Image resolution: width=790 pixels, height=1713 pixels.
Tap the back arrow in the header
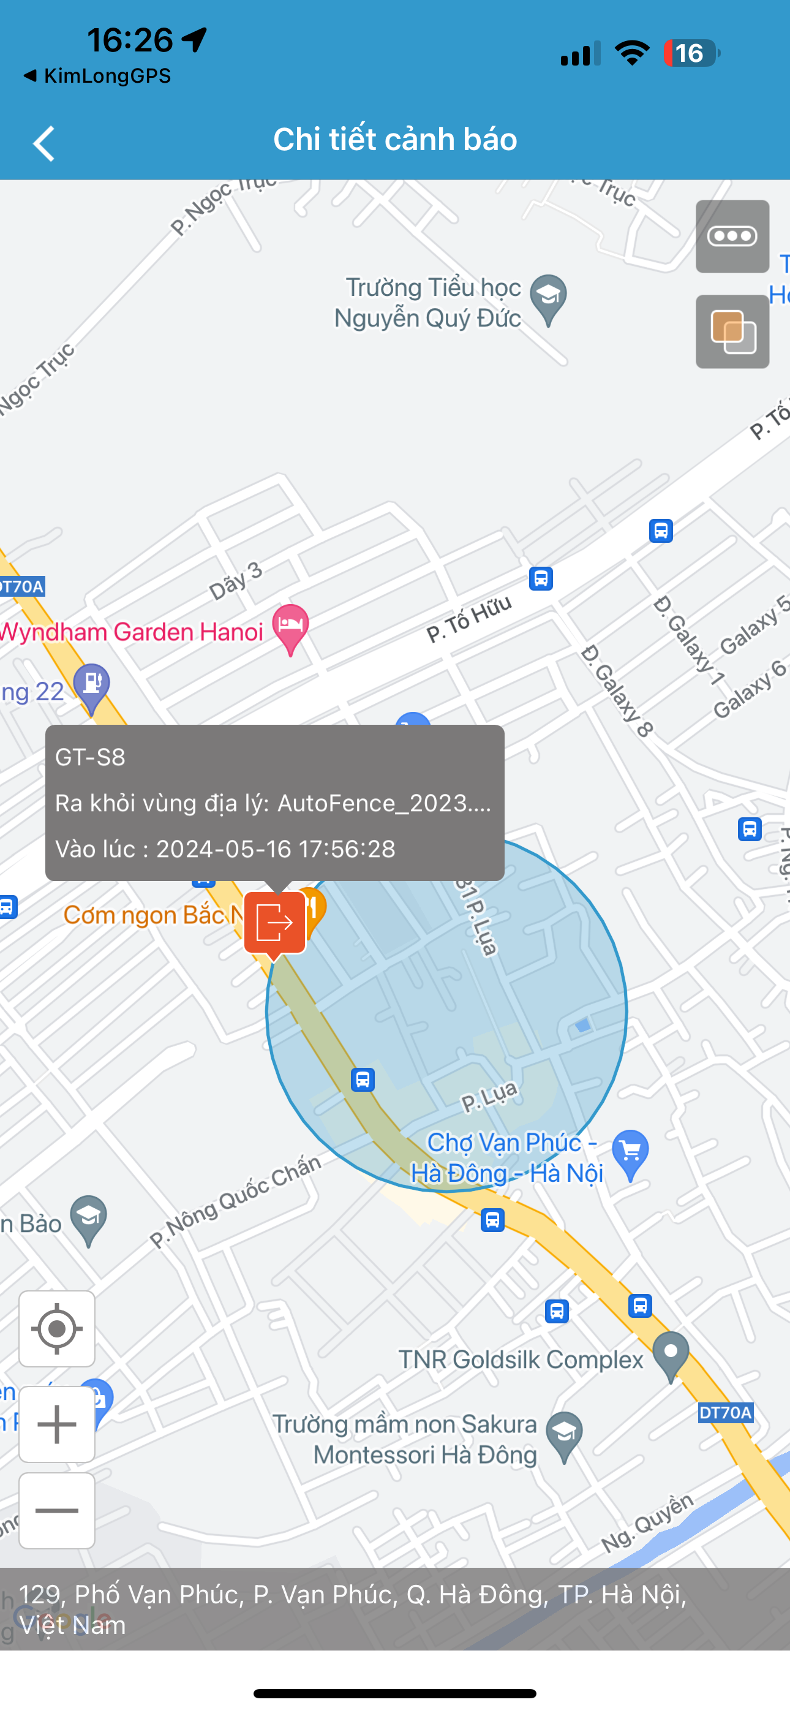(44, 143)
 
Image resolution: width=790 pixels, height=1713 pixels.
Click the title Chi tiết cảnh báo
(395, 140)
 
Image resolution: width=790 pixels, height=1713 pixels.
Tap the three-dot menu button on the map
(732, 236)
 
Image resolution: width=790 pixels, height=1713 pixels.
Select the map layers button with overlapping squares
(732, 332)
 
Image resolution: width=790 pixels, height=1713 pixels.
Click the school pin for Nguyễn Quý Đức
(549, 298)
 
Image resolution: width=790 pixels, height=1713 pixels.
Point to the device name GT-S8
(91, 757)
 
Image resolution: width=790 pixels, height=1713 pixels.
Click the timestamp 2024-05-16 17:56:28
(276, 849)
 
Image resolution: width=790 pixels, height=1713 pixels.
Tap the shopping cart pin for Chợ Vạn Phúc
(630, 1152)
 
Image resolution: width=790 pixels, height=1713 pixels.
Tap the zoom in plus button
(57, 1424)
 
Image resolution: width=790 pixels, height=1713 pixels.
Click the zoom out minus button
(57, 1511)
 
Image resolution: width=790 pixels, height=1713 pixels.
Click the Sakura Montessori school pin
(565, 1434)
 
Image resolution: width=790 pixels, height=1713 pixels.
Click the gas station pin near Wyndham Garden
(92, 686)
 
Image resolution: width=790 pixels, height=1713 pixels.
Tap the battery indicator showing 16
(690, 53)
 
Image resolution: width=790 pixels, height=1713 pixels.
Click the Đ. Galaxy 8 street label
(617, 692)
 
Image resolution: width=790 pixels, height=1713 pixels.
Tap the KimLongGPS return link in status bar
(98, 76)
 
